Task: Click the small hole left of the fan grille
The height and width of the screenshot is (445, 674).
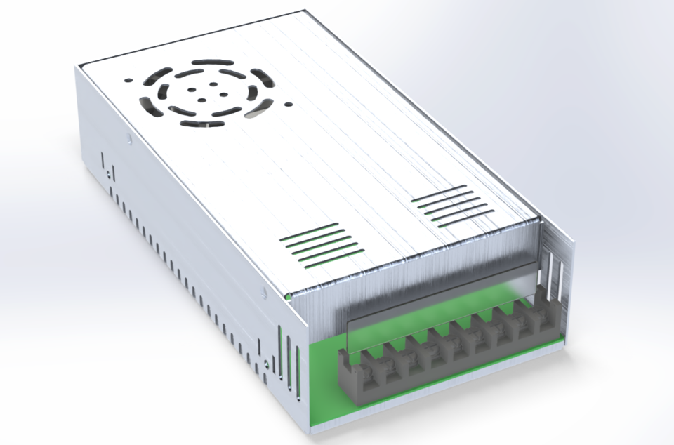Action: [127, 79]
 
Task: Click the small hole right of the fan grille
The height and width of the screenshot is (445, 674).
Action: [288, 105]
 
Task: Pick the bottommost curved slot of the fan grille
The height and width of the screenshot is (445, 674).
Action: [202, 124]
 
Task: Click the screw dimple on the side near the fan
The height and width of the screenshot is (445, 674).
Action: [130, 140]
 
